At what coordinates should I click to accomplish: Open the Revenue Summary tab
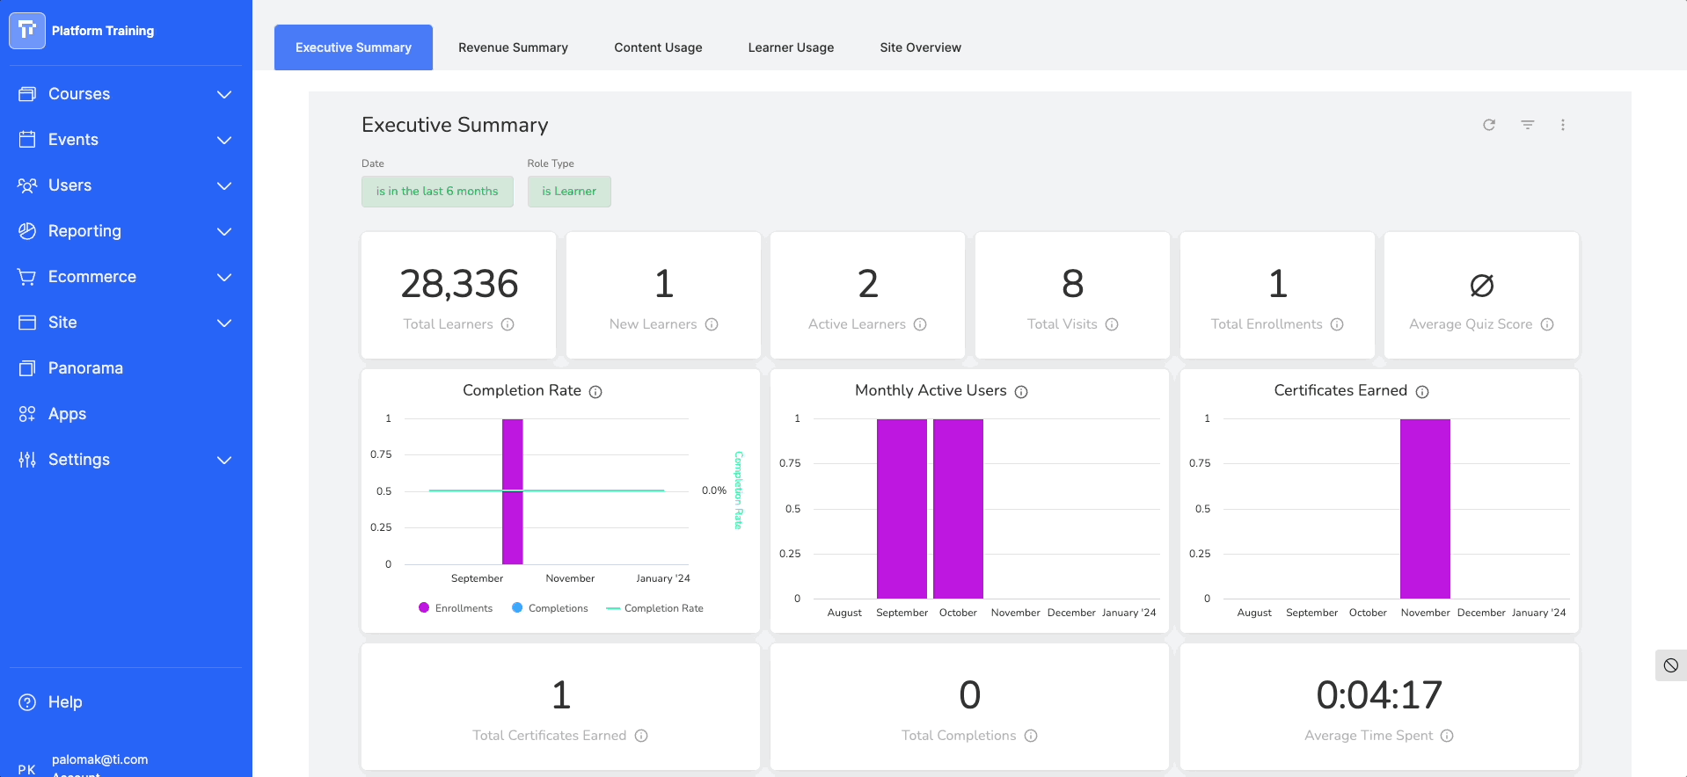click(513, 47)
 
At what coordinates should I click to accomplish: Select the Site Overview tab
click(920, 47)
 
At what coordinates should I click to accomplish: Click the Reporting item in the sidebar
click(84, 231)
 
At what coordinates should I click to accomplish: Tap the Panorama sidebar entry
click(85, 368)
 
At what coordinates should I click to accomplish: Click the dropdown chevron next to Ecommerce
click(224, 277)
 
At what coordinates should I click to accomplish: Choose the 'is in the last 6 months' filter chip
click(437, 192)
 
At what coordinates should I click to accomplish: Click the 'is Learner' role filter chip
click(569, 192)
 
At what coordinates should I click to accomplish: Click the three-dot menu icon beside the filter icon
click(1563, 125)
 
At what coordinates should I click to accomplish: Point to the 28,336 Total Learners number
click(459, 284)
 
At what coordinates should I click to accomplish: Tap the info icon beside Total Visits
click(1112, 324)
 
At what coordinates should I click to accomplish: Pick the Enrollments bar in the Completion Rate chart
click(513, 492)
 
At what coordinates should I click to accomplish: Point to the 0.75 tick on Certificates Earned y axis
click(1200, 463)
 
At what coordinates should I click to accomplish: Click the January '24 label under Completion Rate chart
click(662, 578)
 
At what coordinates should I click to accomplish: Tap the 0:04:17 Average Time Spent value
click(1378, 695)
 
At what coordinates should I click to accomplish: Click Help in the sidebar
click(64, 702)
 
